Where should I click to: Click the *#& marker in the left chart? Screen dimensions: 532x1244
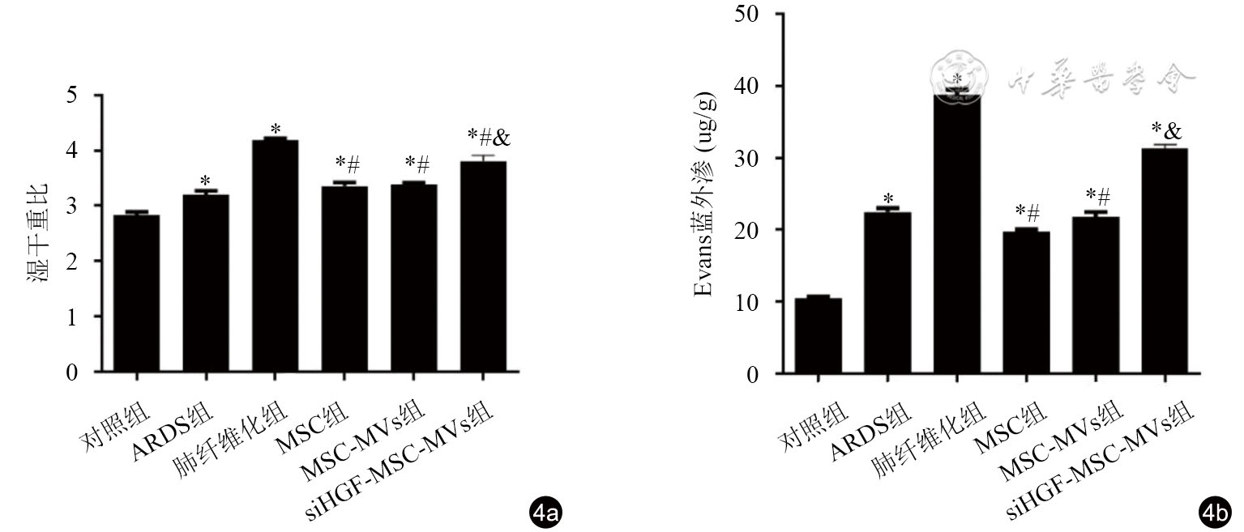pos(489,137)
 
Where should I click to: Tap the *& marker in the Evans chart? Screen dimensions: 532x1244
pos(1167,130)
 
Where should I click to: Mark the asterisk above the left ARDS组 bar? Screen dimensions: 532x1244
pos(205,180)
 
